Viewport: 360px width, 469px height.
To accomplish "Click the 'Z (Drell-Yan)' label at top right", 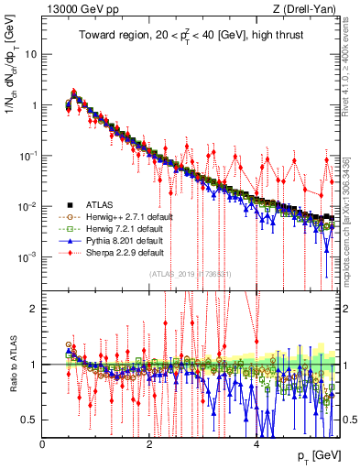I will coord(307,10).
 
